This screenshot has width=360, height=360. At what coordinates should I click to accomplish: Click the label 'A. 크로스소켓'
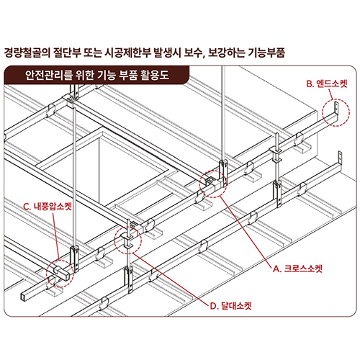[x=297, y=269]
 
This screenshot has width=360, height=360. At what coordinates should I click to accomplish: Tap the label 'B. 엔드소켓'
[x=327, y=84]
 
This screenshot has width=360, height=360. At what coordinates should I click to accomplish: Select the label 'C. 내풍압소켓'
[x=48, y=207]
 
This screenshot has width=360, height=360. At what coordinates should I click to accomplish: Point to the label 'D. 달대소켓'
[x=231, y=306]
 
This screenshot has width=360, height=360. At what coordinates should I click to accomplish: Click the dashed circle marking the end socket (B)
[x=322, y=113]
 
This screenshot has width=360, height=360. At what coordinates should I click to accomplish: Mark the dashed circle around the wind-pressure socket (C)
[x=46, y=274]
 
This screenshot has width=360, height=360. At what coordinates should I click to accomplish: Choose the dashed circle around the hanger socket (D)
[x=114, y=240]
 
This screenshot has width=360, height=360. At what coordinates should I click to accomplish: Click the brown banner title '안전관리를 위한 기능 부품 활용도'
[x=97, y=75]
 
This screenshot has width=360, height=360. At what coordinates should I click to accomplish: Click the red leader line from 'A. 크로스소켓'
[x=246, y=231]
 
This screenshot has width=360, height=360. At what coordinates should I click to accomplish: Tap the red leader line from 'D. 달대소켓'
[x=170, y=279]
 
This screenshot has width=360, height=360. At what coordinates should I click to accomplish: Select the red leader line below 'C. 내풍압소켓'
[x=55, y=235]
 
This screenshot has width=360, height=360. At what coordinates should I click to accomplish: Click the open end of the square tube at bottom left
[x=24, y=297]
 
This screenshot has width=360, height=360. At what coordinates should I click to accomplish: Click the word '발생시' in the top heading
[x=167, y=53]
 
